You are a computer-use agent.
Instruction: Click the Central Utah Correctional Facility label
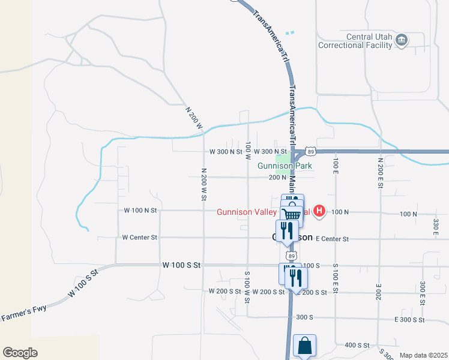tap(355, 41)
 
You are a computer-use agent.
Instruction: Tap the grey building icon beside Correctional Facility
tap(402, 40)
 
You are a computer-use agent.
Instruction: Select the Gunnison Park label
tap(281, 166)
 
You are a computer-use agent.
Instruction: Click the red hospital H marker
tap(320, 211)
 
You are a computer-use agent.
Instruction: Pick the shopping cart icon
tap(291, 214)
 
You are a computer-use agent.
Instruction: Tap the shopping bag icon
tap(304, 346)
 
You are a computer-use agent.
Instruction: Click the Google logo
tap(20, 353)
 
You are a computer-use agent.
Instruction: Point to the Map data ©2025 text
tap(423, 355)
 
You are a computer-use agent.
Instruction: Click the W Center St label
tap(139, 238)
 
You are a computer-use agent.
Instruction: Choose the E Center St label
tap(331, 239)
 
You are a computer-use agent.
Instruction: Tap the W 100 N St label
tap(139, 211)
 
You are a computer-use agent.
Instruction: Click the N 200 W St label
tap(204, 181)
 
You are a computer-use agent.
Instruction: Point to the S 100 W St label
tap(247, 286)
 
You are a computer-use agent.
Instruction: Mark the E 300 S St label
tap(411, 320)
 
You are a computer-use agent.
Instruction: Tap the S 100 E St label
tap(336, 278)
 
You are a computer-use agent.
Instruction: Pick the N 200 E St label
tap(381, 173)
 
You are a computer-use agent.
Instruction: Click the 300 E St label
tap(423, 293)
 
